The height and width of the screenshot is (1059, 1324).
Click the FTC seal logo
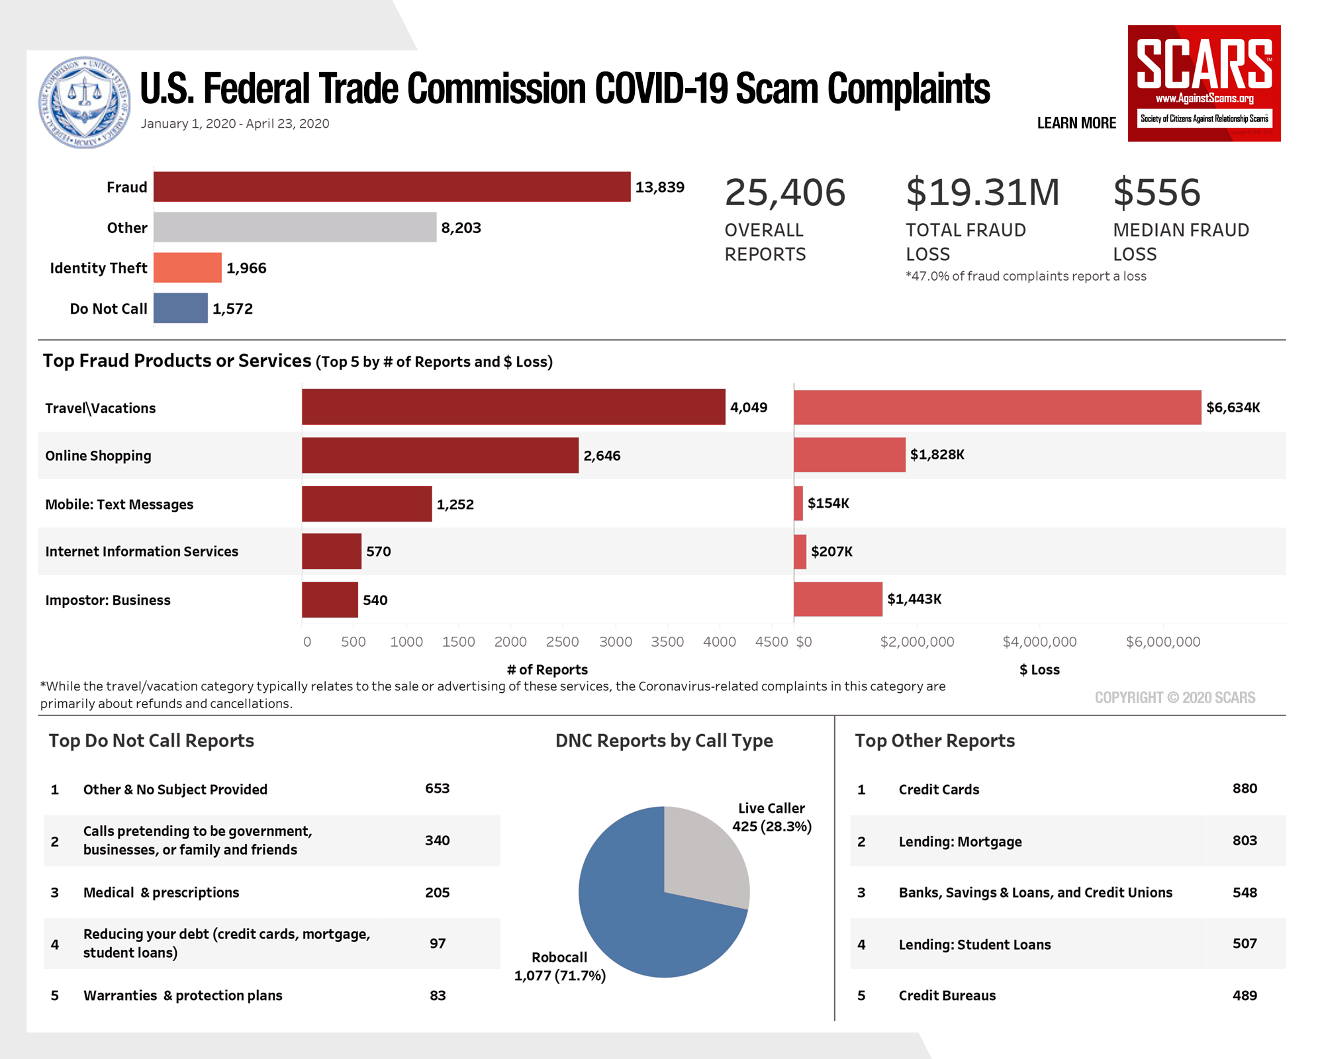(x=85, y=102)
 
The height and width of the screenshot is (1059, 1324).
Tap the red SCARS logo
(x=1204, y=83)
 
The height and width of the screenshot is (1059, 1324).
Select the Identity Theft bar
(x=187, y=267)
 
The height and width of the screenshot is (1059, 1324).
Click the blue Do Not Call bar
(x=180, y=308)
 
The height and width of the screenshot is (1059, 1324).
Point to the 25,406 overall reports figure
(x=785, y=193)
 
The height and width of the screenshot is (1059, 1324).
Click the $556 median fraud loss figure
(x=1157, y=193)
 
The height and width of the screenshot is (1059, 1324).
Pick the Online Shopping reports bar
(x=440, y=455)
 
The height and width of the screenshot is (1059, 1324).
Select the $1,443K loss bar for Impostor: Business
(x=837, y=599)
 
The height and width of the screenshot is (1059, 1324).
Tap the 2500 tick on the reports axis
(x=562, y=641)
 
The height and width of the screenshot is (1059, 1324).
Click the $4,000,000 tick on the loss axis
(x=1039, y=641)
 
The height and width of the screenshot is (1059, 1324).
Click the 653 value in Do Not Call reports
(x=437, y=788)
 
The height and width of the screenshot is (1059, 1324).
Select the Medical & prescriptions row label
(x=161, y=892)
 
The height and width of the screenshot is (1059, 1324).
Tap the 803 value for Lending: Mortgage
(x=1245, y=841)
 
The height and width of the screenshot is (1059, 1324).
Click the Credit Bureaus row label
(x=947, y=995)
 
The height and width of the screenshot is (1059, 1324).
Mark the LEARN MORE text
(x=1076, y=123)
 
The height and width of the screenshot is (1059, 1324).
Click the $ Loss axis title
(x=1039, y=670)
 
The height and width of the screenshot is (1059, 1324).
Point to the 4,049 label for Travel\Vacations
(x=749, y=407)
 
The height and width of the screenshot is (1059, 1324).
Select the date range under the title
(x=234, y=124)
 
